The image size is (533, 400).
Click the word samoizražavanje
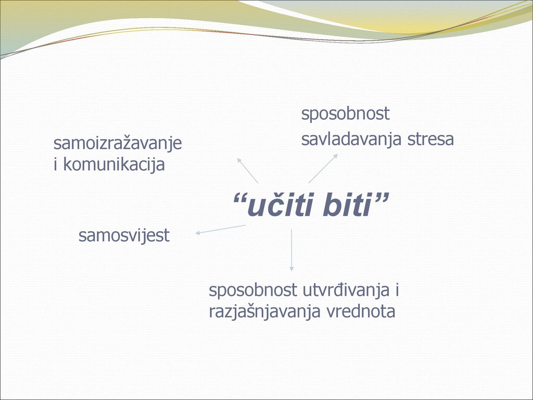pyautogui.click(x=118, y=144)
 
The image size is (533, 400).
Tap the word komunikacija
pyautogui.click(x=114, y=165)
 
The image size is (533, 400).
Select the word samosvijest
pyautogui.click(x=124, y=235)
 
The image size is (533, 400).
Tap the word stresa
pyautogui.click(x=430, y=139)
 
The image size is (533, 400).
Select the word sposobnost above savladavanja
pyautogui.click(x=346, y=114)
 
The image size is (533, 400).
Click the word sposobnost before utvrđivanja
pyautogui.click(x=252, y=290)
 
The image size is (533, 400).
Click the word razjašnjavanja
pyautogui.click(x=265, y=311)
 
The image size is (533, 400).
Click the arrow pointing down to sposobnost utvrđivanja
pyautogui.click(x=291, y=251)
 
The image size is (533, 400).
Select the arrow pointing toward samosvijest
pyautogui.click(x=220, y=229)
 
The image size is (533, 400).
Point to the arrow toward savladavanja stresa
pyautogui.click(x=323, y=168)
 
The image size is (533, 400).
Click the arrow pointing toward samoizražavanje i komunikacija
pyautogui.click(x=247, y=170)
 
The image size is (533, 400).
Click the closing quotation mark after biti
pyautogui.click(x=381, y=198)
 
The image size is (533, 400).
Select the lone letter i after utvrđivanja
pyautogui.click(x=397, y=290)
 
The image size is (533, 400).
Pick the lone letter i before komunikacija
pyautogui.click(x=55, y=164)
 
